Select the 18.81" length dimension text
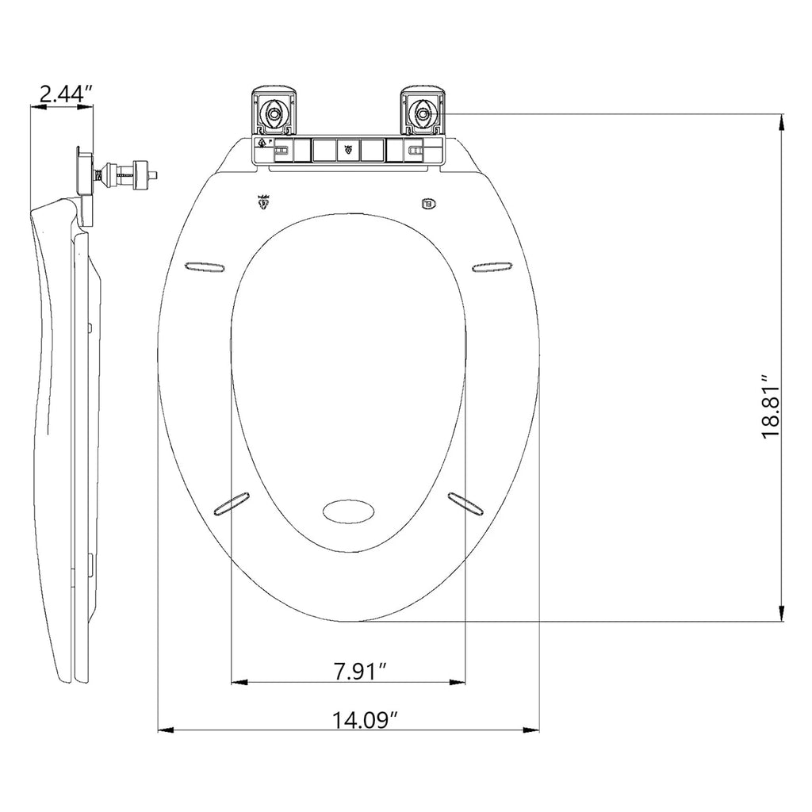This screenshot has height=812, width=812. (x=773, y=407)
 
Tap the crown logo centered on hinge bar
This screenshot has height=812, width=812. (x=347, y=147)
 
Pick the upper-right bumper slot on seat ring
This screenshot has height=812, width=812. (x=492, y=266)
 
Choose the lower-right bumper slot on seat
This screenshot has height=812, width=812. (x=465, y=502)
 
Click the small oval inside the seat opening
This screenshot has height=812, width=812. (x=348, y=510)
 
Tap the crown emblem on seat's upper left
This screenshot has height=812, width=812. (x=264, y=202)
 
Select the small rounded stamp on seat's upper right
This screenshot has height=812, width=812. (x=429, y=203)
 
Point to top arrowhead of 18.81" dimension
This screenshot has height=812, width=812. (x=783, y=121)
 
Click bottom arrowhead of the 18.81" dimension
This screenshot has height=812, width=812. (x=783, y=615)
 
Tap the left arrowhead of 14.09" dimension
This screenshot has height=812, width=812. (x=165, y=730)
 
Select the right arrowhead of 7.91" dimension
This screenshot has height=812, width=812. (x=458, y=681)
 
